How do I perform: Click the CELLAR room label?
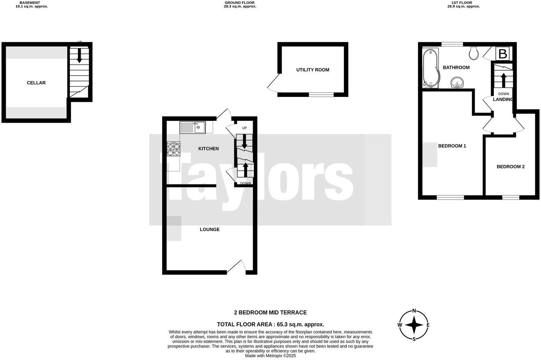(36, 83)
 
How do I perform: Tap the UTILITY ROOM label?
(313, 70)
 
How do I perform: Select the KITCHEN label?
(209, 149)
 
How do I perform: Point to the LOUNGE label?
(210, 230)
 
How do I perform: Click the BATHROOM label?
(456, 68)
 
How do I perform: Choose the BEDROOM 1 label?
(452, 146)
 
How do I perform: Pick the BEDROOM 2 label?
(511, 167)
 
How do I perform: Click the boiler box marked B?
(502, 54)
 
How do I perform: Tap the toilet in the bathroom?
(473, 54)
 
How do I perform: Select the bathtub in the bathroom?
(430, 68)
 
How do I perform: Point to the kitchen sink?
(193, 127)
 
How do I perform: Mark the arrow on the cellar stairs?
(79, 56)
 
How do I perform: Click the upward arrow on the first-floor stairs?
(503, 80)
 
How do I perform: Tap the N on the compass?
(414, 310)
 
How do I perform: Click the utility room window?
(321, 94)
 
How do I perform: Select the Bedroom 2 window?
(511, 197)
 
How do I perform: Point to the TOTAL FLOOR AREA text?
(270, 324)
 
